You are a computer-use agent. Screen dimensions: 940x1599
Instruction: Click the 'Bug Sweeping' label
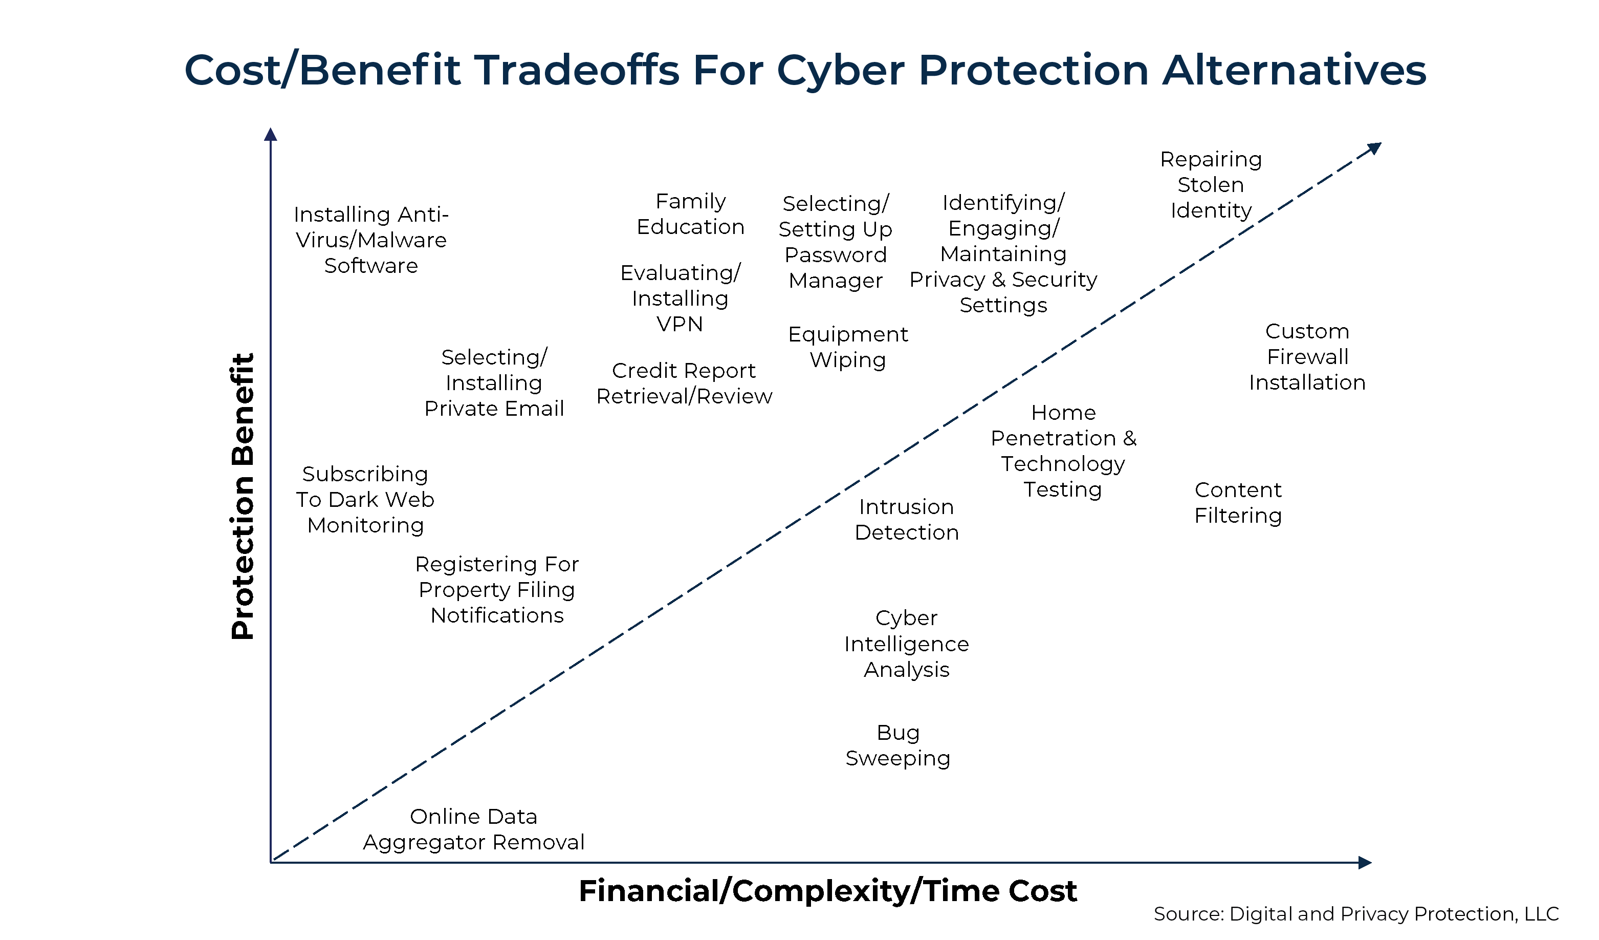point(898,746)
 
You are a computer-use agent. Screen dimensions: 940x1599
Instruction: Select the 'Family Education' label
point(690,214)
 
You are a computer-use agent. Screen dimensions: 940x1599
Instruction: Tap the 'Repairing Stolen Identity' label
point(1211,185)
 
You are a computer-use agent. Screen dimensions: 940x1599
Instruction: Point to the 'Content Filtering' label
point(1238,503)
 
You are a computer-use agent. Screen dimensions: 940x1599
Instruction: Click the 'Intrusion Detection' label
point(907,520)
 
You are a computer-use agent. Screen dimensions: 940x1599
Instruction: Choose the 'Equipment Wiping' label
point(848,347)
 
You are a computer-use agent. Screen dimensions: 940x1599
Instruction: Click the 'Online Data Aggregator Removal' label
point(473,829)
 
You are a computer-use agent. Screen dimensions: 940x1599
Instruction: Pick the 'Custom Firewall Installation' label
point(1307,357)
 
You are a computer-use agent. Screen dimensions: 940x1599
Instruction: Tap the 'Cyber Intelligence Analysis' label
point(907,644)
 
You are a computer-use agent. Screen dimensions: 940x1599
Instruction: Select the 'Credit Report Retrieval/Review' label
point(684,383)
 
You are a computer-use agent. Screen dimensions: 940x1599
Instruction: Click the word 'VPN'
point(680,324)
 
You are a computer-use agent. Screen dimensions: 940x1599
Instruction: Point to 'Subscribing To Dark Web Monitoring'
point(365,500)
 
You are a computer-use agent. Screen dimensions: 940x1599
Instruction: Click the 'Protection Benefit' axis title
point(243,496)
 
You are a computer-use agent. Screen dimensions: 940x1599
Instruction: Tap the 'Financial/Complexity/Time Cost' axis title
point(827,891)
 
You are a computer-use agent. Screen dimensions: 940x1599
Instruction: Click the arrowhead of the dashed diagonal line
point(1374,148)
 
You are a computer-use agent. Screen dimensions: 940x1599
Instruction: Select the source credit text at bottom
point(1356,914)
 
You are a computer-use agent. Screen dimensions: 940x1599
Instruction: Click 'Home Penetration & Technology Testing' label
point(1063,451)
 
